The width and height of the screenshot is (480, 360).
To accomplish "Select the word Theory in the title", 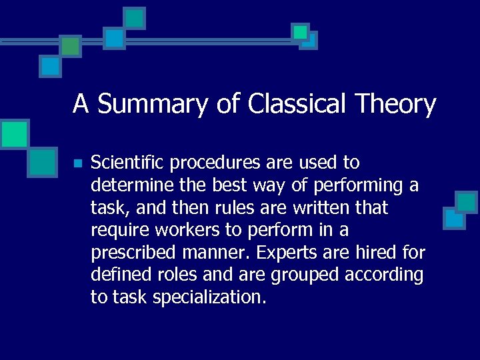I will tap(396, 105).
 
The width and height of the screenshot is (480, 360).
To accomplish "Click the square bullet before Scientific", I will tap(77, 163).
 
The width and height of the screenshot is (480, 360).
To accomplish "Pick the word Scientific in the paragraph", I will tap(127, 163).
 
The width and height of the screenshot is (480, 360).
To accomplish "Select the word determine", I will tap(131, 185).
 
